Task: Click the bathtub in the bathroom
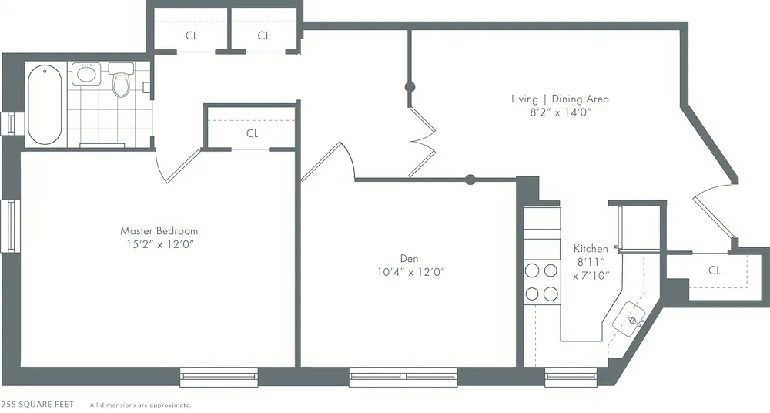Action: click(45, 105)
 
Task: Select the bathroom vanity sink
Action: click(86, 76)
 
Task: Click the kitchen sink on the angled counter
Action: click(634, 320)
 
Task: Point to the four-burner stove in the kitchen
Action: click(541, 282)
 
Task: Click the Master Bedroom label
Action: click(159, 230)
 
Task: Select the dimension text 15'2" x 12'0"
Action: click(159, 244)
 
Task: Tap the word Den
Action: click(409, 258)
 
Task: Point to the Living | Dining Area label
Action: click(560, 99)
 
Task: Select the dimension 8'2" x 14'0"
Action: click(560, 112)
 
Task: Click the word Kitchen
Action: click(591, 249)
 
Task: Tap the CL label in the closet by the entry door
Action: click(714, 270)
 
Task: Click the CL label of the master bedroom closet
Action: click(252, 133)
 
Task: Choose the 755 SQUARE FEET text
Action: click(38, 404)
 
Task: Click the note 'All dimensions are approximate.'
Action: click(140, 405)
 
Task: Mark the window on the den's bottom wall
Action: click(403, 377)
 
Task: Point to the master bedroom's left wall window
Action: click(11, 225)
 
